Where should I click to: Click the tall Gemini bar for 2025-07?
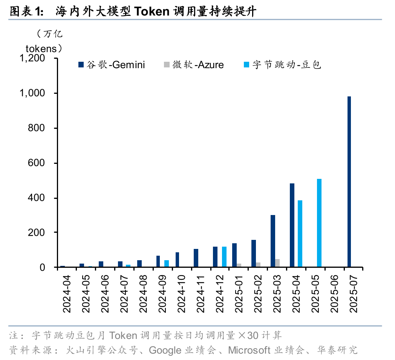click(x=349, y=182)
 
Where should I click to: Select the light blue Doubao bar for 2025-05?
click(x=319, y=223)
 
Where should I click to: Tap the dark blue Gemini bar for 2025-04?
click(x=292, y=225)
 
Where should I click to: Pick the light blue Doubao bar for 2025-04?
click(x=300, y=233)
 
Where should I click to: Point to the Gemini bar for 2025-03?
click(x=273, y=241)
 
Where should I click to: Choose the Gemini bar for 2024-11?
click(x=196, y=258)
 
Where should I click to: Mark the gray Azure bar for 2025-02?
click(x=258, y=264)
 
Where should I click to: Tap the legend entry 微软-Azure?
click(x=198, y=65)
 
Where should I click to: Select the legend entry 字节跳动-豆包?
click(x=286, y=65)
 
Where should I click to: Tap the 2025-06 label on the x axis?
click(x=335, y=292)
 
